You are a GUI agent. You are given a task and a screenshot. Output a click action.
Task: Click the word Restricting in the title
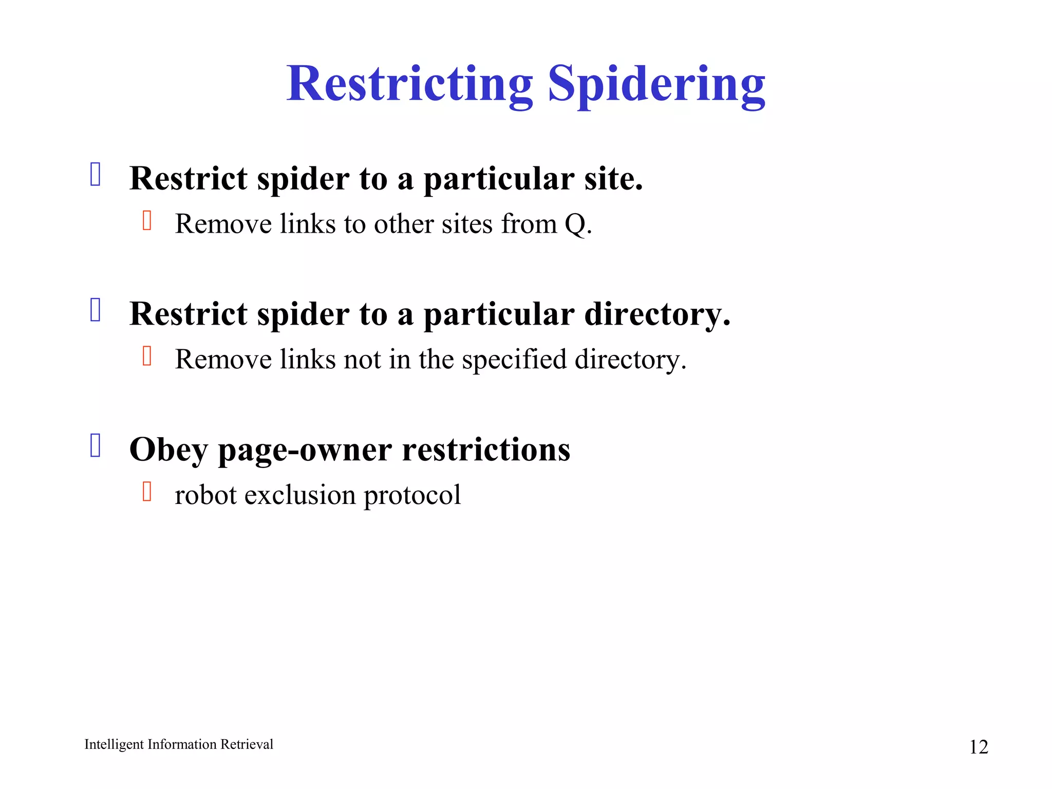(409, 84)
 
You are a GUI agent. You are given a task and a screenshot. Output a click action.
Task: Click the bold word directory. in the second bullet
(657, 314)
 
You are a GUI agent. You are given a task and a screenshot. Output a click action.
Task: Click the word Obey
(168, 450)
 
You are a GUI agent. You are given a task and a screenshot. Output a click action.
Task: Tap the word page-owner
(306, 450)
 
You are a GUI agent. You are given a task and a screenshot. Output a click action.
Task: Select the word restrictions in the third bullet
(486, 449)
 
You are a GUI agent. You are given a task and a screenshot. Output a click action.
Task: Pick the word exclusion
(300, 495)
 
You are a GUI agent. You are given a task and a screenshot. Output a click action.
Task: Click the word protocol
(412, 495)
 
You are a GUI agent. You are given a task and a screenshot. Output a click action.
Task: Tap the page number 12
(978, 747)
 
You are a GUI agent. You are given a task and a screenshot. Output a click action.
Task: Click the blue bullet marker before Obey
(96, 445)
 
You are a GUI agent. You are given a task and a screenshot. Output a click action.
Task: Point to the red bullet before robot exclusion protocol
(147, 491)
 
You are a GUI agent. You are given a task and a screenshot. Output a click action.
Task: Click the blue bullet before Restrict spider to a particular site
(96, 174)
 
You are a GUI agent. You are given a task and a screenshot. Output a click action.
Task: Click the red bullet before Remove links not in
(147, 355)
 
